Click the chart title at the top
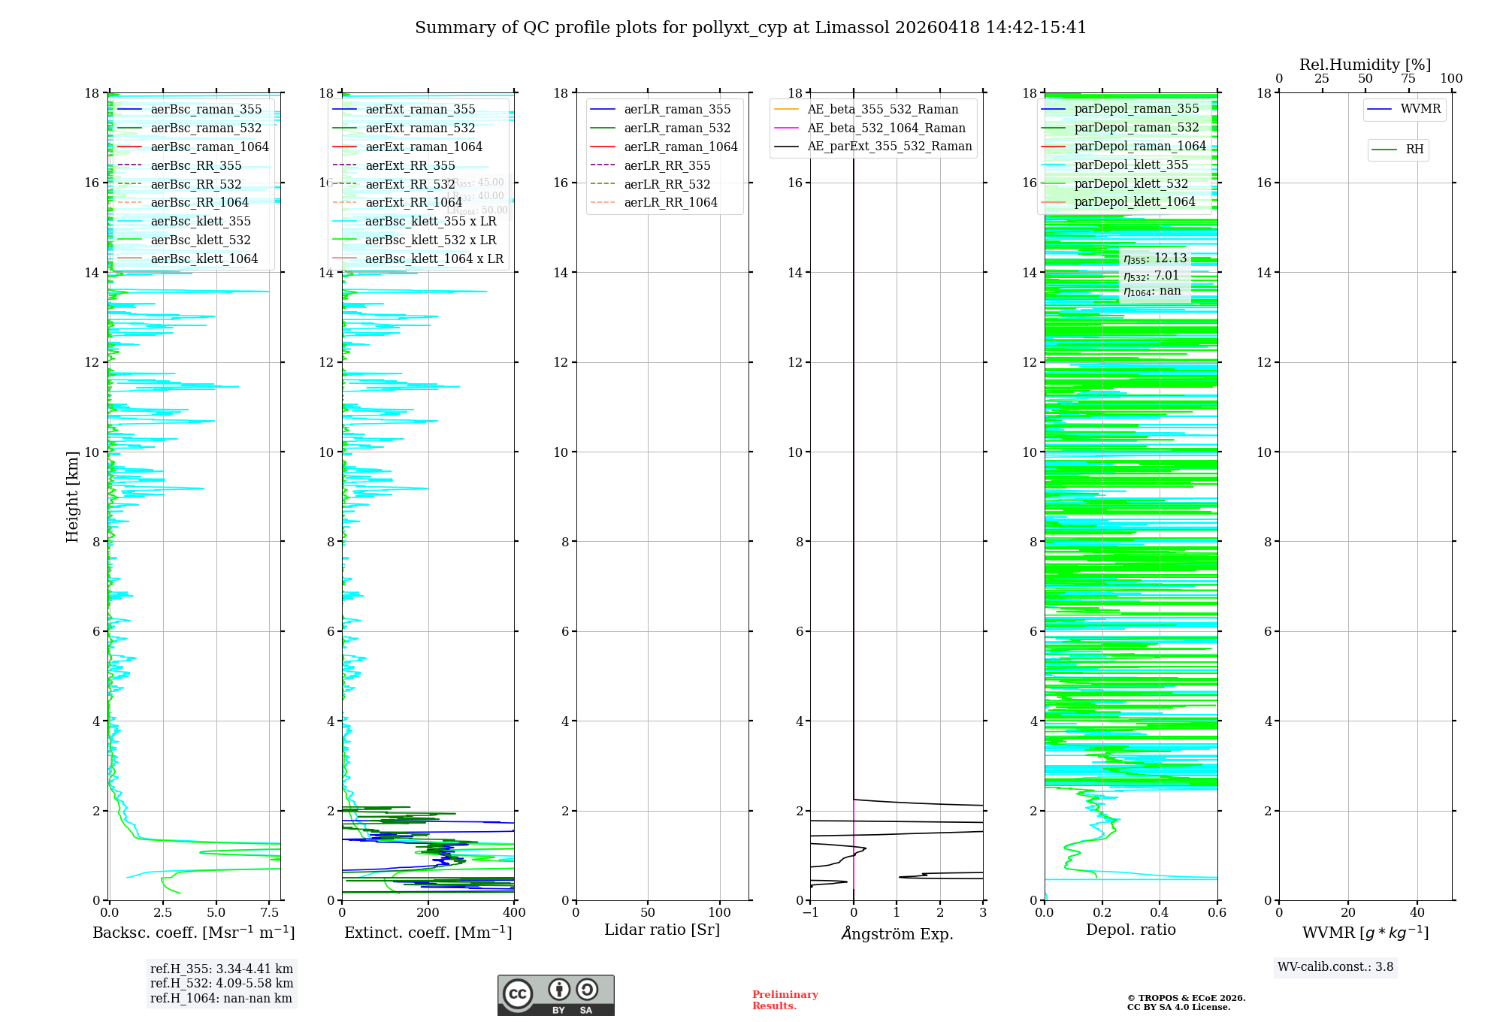point(750,28)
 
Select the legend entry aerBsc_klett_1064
point(204,259)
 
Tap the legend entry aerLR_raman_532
point(676,128)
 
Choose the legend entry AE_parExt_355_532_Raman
point(889,146)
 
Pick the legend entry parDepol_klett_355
point(1130,165)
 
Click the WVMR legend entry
point(1420,109)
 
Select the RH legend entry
point(1414,150)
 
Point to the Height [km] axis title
point(72,497)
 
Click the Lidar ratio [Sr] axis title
point(661,930)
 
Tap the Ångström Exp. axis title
point(897,933)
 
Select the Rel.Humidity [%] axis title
point(1365,65)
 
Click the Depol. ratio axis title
point(1130,930)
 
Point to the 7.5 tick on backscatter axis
point(270,913)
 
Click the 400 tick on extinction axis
point(514,913)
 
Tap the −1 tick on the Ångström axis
point(810,913)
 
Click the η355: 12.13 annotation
point(1154,259)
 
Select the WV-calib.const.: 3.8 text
point(1335,967)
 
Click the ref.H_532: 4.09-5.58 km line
point(222,983)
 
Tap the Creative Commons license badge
point(555,995)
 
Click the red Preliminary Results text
point(785,1000)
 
